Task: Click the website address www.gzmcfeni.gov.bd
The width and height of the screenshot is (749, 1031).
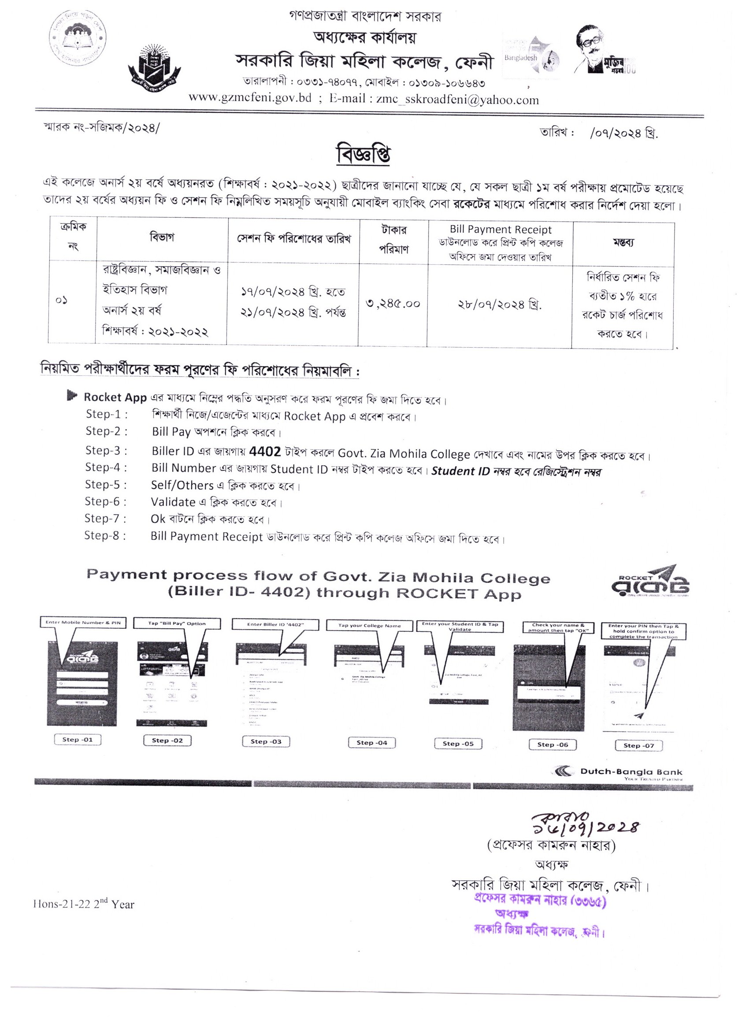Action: point(249,98)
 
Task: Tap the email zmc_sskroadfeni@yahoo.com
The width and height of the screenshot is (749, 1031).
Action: point(457,100)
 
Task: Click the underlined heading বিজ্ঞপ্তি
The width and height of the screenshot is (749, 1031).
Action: point(363,154)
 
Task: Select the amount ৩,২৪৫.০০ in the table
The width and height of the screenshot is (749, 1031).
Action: point(393,303)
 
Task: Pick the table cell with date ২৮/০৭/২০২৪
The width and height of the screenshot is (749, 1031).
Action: point(500,304)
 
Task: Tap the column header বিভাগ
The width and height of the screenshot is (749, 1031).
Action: point(162,237)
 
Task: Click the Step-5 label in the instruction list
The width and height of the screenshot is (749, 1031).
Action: point(106,485)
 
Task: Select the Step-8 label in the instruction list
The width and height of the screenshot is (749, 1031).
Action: point(105,535)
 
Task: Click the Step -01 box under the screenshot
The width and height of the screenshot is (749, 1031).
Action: point(77,739)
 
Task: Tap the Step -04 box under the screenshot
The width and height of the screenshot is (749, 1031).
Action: point(372,742)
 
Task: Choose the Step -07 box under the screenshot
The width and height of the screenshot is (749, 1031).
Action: point(638,745)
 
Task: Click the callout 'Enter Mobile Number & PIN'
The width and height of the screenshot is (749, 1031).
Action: point(83,622)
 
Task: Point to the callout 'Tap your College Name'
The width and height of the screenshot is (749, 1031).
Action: point(369,626)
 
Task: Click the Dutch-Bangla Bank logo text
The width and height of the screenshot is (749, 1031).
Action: point(631,772)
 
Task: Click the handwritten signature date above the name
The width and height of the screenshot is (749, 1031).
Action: point(586,827)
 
